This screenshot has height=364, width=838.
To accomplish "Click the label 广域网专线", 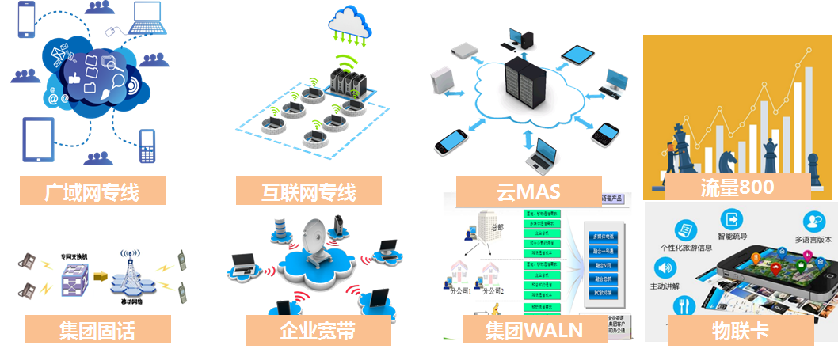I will pos(93,191).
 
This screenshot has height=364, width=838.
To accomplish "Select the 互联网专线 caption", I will pos(308,191).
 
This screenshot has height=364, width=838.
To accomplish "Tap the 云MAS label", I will pos(528,191).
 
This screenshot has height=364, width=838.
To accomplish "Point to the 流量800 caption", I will pos(737,187).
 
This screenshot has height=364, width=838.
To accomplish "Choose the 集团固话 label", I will pos(97,329).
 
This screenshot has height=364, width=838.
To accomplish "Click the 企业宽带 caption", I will pos(318,330).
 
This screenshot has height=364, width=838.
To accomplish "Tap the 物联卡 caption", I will pos(741,330).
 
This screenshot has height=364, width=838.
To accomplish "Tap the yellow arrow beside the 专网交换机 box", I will pos(100,276).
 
